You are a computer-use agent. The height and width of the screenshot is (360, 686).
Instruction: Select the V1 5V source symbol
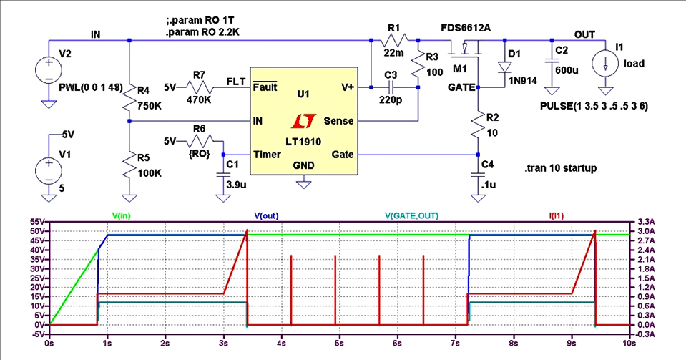(x=49, y=173)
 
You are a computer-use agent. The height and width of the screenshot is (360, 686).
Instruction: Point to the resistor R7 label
(x=199, y=74)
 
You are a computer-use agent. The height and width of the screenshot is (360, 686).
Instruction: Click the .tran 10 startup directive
(x=561, y=168)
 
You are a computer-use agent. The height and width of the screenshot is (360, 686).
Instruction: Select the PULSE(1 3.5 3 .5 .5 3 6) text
(x=594, y=106)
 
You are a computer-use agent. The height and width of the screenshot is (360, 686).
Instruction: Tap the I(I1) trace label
(x=554, y=215)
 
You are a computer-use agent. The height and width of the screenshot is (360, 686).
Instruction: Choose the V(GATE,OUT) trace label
(x=411, y=215)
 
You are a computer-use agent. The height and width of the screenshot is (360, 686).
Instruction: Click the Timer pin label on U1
(x=266, y=154)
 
